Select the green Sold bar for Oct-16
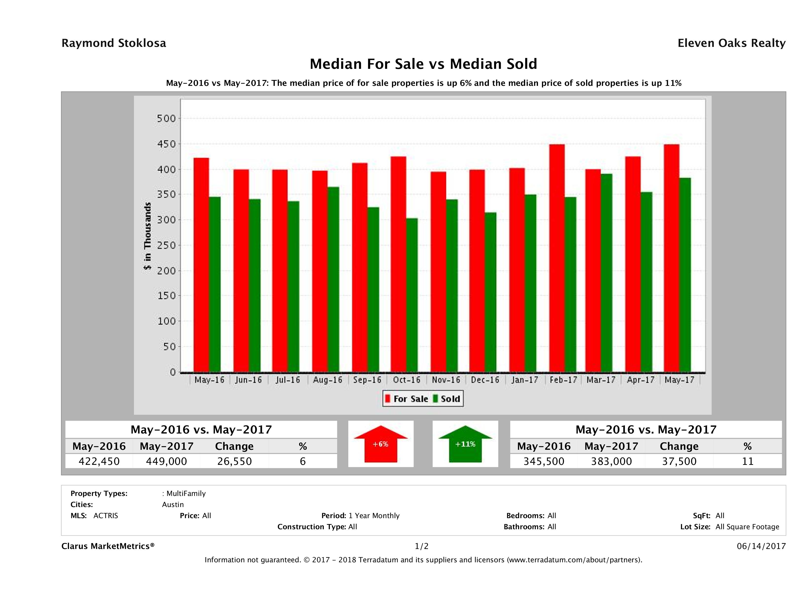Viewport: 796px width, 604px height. (412, 295)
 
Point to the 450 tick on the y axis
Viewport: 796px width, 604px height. (166, 144)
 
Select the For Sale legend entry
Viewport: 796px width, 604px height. (407, 399)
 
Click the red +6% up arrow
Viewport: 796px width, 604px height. (381, 444)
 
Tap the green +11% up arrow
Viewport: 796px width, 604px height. (465, 444)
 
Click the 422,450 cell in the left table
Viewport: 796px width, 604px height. (99, 461)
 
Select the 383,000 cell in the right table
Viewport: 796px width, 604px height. (611, 461)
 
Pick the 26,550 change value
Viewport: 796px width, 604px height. (234, 461)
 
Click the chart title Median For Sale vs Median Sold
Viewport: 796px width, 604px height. (423, 64)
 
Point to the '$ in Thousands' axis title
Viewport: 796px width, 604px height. (148, 236)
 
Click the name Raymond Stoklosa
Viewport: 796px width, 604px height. (114, 43)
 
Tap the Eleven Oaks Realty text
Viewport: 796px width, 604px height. (731, 43)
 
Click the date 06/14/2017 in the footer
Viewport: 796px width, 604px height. (761, 546)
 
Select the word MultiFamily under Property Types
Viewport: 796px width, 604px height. (186, 493)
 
